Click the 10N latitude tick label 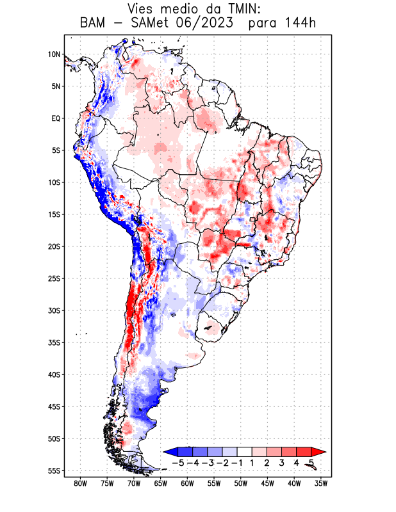click(54, 54)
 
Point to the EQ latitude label click(55, 118)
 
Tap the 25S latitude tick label click(53, 278)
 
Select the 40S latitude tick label click(53, 374)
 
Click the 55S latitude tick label click(53, 470)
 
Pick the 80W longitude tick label click(80, 483)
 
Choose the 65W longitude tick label click(160, 483)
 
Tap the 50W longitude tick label click(240, 483)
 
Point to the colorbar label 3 click(282, 463)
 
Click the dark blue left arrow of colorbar click(170, 452)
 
